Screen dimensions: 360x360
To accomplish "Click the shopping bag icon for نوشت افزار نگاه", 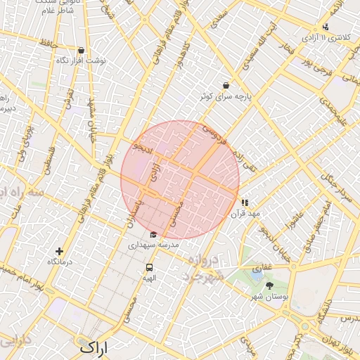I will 81,50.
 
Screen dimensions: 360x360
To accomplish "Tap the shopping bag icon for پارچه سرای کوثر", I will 225,84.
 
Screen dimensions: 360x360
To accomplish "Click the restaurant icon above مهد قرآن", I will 245,202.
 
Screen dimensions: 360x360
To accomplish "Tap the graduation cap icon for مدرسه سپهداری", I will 153,234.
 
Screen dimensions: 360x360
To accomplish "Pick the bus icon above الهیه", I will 149,267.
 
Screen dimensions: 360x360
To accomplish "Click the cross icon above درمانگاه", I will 59,251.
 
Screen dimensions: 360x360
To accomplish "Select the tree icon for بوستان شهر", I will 269,285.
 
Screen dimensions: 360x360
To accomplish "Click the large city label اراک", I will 94,347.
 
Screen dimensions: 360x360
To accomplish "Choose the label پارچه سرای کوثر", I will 244,95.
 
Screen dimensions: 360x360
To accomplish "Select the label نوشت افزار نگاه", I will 81,60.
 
